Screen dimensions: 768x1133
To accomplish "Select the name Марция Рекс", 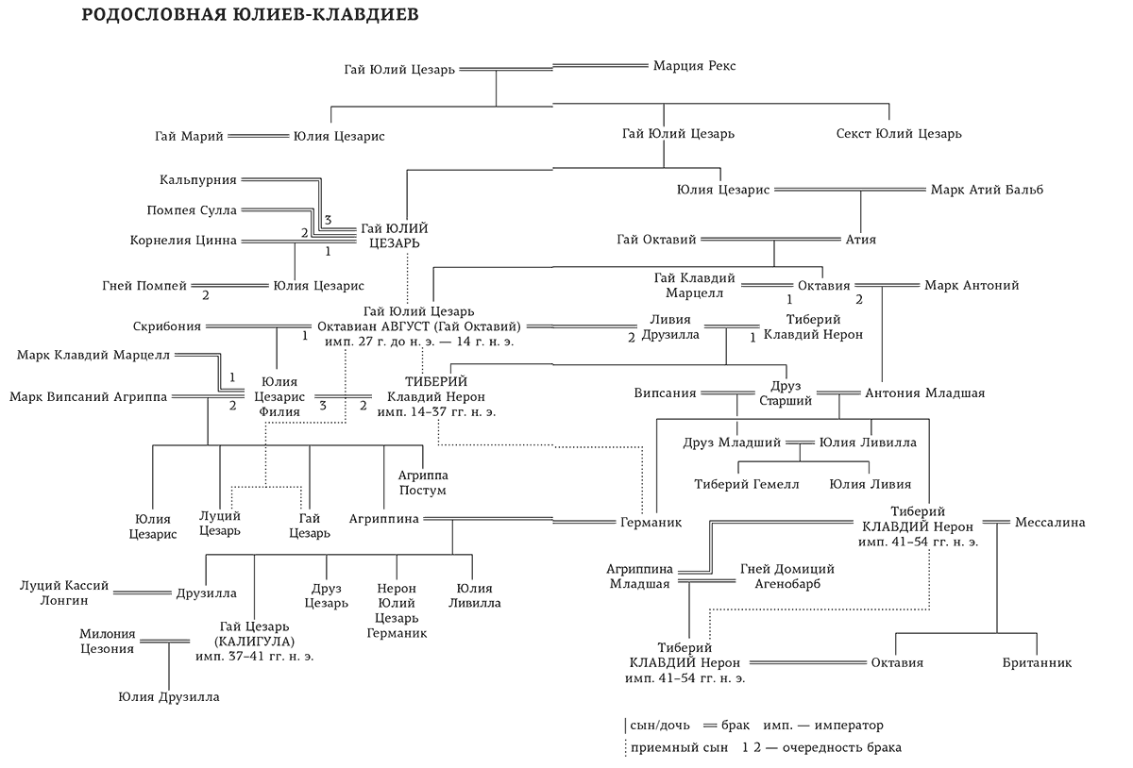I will tap(694, 66).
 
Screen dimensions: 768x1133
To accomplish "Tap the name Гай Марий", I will tap(189, 136).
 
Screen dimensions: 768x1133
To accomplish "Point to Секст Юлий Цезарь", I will tap(899, 134).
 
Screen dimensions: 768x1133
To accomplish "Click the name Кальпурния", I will tap(198, 179).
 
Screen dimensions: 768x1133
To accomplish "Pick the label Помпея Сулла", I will tap(192, 209).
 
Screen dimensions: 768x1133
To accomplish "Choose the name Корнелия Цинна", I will tap(183, 240).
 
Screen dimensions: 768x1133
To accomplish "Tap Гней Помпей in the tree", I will tap(144, 285).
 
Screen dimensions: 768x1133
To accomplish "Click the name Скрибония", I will tap(168, 326).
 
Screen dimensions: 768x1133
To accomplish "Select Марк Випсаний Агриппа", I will tap(89, 396).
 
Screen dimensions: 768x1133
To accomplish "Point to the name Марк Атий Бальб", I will tap(987, 190).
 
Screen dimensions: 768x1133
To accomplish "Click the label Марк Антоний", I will tap(972, 285).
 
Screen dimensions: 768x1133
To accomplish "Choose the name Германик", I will tap(651, 522).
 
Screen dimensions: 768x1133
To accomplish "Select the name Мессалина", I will tap(1050, 522).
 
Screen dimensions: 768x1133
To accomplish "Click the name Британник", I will tap(1037, 663).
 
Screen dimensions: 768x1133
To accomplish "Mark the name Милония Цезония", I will tap(107, 641).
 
